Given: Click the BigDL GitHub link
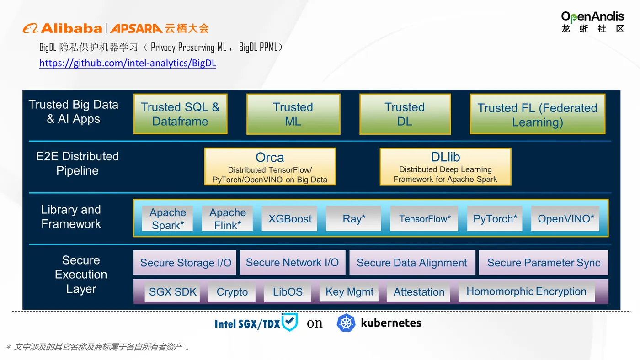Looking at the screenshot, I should coord(128,63).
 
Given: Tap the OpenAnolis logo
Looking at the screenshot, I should coord(592,22).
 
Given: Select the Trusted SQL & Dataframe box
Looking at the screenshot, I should coord(180,114).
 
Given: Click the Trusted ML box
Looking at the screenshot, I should coord(293,114).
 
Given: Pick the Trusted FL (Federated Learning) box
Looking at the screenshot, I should coord(537,115).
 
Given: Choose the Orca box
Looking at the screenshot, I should coord(270,167).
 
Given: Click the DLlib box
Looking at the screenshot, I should coord(445,167).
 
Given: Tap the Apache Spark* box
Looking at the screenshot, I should coord(168,218).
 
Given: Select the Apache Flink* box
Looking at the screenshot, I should coord(228,218).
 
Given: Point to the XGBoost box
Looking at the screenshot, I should coord(290,218).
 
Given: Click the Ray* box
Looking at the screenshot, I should coord(354,218).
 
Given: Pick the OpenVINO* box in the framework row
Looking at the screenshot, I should coord(565,218).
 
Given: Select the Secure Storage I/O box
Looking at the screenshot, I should coord(185,263).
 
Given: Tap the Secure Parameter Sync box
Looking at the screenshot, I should coord(544,263).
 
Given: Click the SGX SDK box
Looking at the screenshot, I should coord(172,292).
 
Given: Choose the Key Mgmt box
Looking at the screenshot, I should coord(350,292).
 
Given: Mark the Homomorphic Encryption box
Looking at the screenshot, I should coord(526,291).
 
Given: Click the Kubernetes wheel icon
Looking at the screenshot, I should coord(346,323).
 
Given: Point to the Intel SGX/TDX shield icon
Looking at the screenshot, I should coord(289,322).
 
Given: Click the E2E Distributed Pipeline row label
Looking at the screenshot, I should coord(77,164).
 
